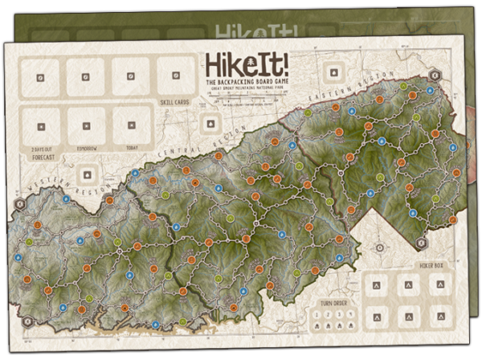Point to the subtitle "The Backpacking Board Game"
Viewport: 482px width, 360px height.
[x=239, y=84]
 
